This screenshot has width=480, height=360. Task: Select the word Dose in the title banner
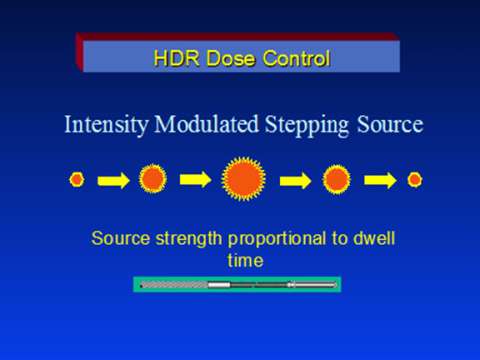click(x=225, y=58)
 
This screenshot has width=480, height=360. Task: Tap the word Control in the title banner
click(x=290, y=58)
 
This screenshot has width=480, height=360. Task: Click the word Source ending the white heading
click(x=390, y=127)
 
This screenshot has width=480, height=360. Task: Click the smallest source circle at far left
click(x=76, y=180)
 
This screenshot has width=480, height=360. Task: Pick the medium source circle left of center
click(x=152, y=180)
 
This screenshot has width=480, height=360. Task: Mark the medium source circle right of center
click(x=337, y=180)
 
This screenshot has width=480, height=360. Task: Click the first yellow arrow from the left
click(x=113, y=181)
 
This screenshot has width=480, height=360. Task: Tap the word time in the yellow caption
click(x=245, y=259)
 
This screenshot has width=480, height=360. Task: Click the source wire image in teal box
click(x=237, y=285)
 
